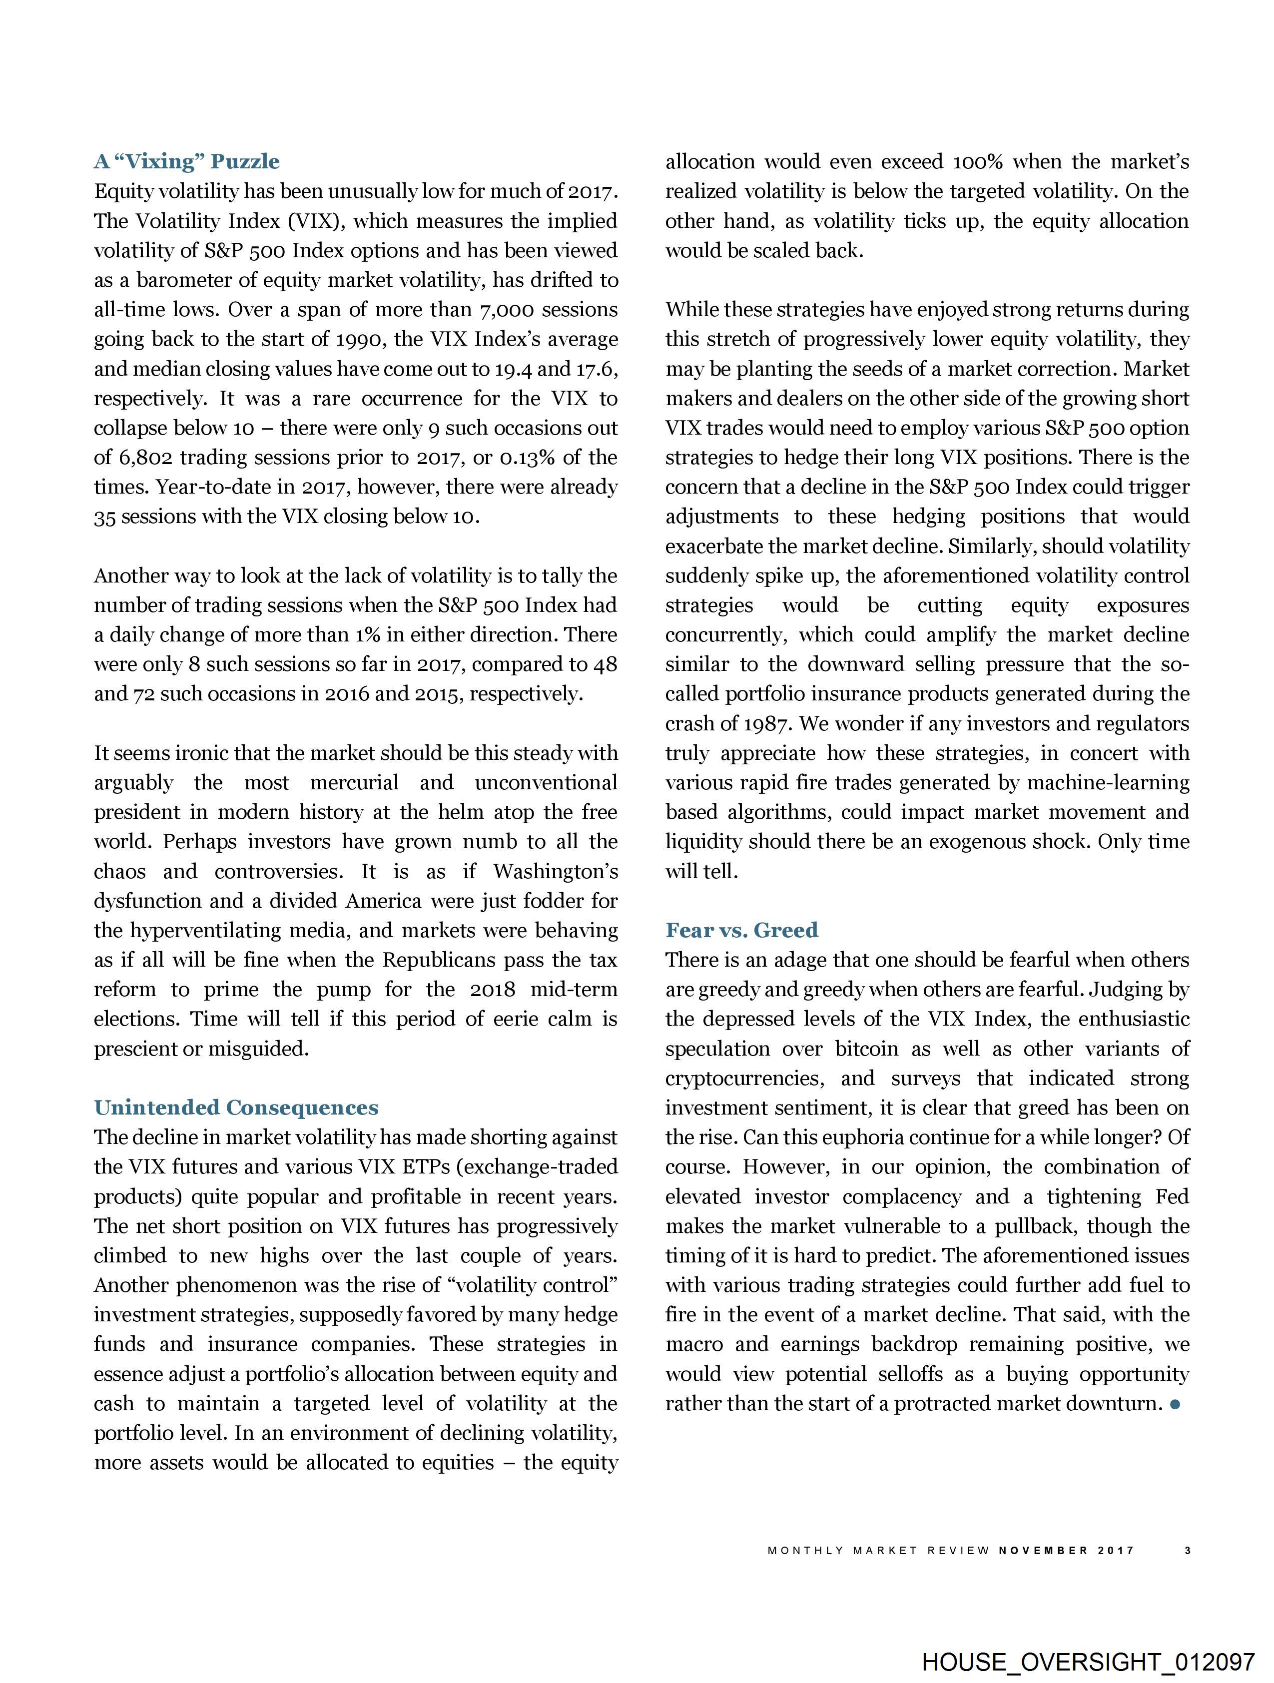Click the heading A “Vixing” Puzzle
(x=186, y=161)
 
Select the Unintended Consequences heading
(x=236, y=1108)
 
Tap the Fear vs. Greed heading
(x=741, y=930)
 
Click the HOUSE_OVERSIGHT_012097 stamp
(x=1088, y=1662)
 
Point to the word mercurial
(x=354, y=783)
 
